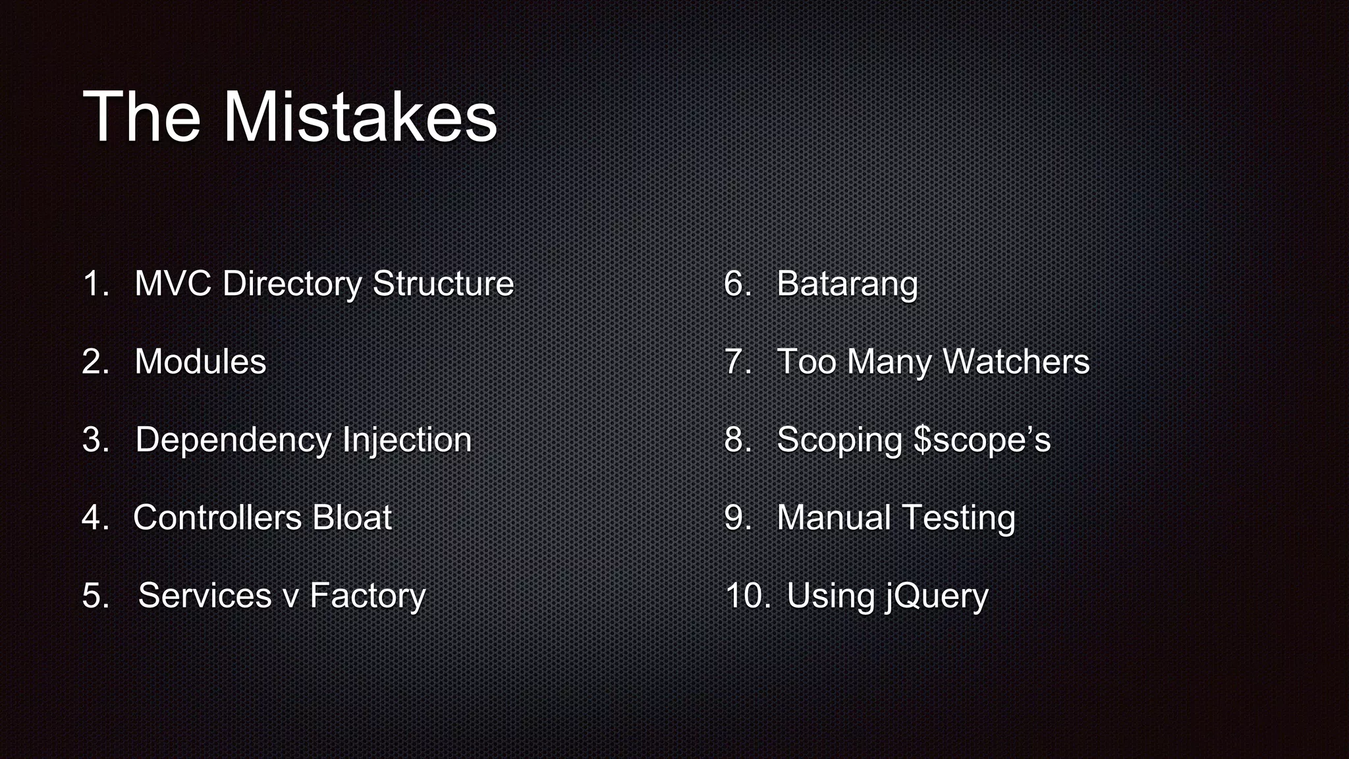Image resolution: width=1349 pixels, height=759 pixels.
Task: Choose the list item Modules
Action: click(x=200, y=362)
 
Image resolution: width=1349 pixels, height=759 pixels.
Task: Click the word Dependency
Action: click(x=232, y=440)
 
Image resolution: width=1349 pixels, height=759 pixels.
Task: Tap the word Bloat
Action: click(x=352, y=517)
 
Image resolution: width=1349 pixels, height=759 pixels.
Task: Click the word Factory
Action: click(x=368, y=596)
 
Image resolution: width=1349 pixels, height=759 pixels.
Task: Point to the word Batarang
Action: click(x=847, y=285)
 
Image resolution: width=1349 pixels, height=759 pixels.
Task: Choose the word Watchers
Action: click(x=1016, y=362)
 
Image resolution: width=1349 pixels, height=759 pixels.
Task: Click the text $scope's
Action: click(x=982, y=440)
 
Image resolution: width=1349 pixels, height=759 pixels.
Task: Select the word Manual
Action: click(x=834, y=517)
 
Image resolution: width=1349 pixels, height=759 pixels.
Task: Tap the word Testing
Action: click(x=958, y=519)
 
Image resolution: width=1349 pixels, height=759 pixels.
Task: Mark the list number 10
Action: click(x=747, y=596)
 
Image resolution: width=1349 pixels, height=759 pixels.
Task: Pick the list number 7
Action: click(x=737, y=362)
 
